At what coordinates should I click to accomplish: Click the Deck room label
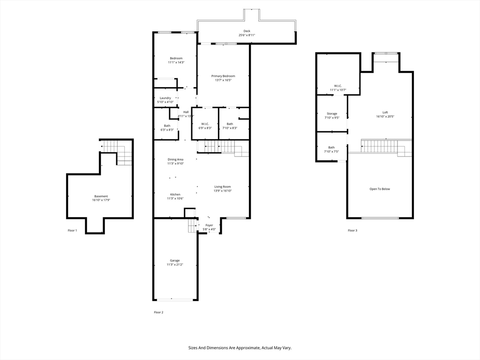247,31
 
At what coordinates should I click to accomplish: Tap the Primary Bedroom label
223,76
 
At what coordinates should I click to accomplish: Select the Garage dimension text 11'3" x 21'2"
175,264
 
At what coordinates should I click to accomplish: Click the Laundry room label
165,98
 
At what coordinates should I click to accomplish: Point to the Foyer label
209,225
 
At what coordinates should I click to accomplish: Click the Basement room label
101,196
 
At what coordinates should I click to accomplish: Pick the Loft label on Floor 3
385,112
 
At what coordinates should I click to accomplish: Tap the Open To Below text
380,189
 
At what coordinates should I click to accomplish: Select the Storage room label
332,113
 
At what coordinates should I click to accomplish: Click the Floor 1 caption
72,231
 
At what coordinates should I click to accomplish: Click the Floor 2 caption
158,312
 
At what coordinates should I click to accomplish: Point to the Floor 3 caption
352,231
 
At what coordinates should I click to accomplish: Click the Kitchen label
175,195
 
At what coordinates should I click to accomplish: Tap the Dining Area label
175,159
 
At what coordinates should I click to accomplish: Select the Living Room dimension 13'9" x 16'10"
223,191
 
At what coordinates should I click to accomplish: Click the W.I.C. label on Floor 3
337,86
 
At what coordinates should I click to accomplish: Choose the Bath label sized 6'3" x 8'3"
167,126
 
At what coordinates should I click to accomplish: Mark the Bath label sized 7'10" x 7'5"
331,148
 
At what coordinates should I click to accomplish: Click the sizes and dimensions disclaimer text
240,348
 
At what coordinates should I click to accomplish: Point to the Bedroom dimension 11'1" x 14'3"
176,62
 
